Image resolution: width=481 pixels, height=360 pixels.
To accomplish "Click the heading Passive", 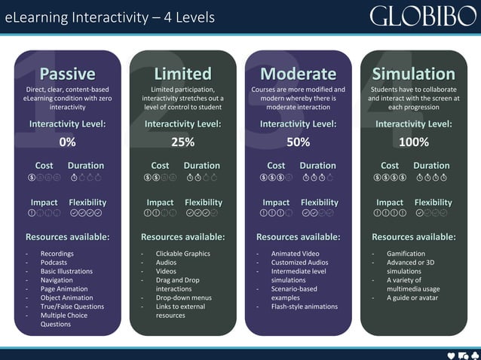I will (67, 74).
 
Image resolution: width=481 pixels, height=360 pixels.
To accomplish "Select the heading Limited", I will (182, 74).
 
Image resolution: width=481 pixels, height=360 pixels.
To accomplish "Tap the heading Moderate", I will (298, 74).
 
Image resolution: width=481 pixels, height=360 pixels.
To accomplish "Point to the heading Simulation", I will (413, 74).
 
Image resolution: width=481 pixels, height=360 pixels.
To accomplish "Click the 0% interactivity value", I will (67, 142).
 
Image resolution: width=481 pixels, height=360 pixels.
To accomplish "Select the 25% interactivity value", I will (182, 142).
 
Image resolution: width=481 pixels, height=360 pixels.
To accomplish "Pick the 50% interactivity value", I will (298, 142).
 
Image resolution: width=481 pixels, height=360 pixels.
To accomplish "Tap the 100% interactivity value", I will (413, 142).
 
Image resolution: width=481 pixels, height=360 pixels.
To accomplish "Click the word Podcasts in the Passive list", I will (55, 263).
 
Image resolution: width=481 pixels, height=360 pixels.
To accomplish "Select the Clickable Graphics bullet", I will (182, 254).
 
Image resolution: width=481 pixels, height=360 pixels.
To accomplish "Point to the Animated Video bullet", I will (295, 254).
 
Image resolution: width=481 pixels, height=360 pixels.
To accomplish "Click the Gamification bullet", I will (406, 254).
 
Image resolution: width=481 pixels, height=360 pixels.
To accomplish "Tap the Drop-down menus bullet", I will (182, 297).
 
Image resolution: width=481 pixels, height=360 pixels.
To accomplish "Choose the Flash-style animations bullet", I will (305, 307).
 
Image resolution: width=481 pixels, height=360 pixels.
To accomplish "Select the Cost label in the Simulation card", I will (390, 166).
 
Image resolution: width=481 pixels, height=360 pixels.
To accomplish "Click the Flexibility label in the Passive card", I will (87, 203).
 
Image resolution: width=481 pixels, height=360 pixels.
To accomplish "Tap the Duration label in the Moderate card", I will (317, 166).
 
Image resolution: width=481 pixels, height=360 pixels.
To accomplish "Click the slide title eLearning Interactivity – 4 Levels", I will (110, 17).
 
